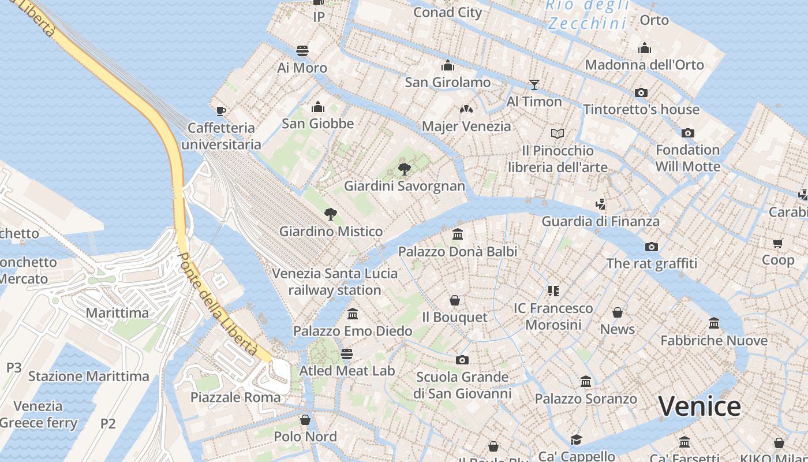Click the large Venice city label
(699, 406)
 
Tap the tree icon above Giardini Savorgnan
(405, 169)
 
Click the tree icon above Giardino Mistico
(330, 214)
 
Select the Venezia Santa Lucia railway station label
(335, 281)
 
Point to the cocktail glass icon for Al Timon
(534, 84)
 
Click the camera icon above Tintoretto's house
(641, 92)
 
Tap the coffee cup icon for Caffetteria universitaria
(220, 111)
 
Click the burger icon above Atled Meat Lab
(346, 353)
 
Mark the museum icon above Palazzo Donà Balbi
(458, 234)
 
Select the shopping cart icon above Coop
(777, 243)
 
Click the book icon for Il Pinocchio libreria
(557, 133)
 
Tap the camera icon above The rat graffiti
(651, 247)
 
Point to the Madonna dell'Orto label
(645, 65)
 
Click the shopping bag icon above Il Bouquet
(455, 300)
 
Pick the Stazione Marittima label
(89, 377)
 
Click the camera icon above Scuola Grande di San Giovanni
(462, 360)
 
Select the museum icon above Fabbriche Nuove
(714, 323)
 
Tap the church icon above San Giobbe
(317, 107)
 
